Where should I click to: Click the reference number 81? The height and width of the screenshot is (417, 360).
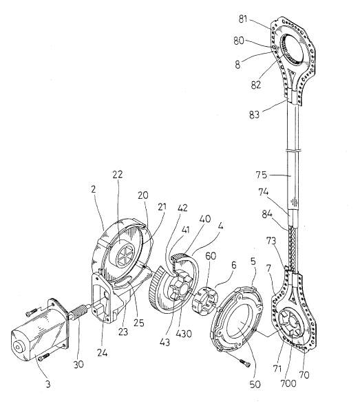pyautogui.click(x=243, y=19)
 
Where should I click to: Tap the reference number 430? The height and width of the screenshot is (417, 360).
pyautogui.click(x=183, y=334)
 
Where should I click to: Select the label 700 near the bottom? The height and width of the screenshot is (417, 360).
pyautogui.click(x=288, y=383)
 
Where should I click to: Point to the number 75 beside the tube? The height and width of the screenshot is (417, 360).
pyautogui.click(x=261, y=175)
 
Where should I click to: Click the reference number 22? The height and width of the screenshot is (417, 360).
pyautogui.click(x=118, y=174)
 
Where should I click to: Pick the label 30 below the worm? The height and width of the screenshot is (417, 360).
pyautogui.click(x=78, y=364)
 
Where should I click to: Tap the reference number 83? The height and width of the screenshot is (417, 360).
pyautogui.click(x=254, y=114)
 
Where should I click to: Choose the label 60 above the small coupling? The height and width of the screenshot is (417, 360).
pyautogui.click(x=211, y=256)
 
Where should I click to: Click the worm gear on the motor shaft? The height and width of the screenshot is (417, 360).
pyautogui.click(x=77, y=311)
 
